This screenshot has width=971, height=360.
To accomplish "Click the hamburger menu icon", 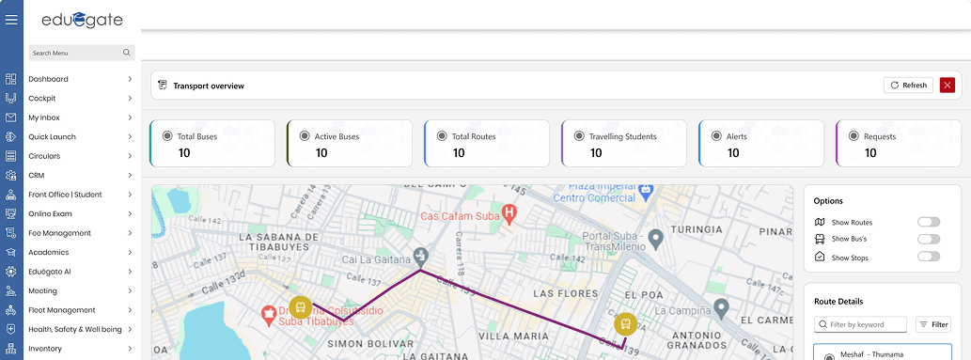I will coord(11,19).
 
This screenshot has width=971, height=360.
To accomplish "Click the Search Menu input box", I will coord(75,53).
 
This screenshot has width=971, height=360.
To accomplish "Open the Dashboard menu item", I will coord(49,79).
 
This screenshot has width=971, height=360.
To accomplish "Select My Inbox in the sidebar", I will coord(44,117).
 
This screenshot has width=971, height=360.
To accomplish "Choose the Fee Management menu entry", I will coord(60,233).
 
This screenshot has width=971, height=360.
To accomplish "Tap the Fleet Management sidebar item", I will coord(62,310).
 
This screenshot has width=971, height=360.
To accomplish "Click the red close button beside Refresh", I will coord(947,86).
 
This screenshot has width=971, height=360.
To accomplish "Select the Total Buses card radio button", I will coord(167,135).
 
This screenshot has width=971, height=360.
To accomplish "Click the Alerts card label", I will coord(736,136).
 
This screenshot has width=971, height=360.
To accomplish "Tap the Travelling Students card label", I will coord(622,136).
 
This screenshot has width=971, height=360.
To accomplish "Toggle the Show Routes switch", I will coord(928,222).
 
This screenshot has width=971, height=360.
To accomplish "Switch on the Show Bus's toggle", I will coord(928,239).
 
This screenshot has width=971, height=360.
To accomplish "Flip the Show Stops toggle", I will coord(928,256).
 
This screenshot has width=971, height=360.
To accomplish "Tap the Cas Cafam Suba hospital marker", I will coord(509,214).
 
